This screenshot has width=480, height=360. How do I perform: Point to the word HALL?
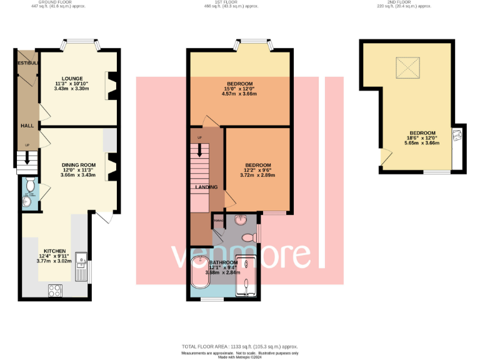tap(27, 126)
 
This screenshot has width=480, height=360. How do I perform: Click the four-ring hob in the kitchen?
tap(55, 290)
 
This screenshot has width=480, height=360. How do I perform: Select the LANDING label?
tap(206, 187)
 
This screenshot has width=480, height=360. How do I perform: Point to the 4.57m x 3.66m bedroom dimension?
tap(239, 94)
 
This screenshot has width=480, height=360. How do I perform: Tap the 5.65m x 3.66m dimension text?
tap(422, 143)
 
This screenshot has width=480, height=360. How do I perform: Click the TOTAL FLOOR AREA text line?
tap(239, 346)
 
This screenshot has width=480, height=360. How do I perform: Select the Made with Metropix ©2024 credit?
tap(239, 357)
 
